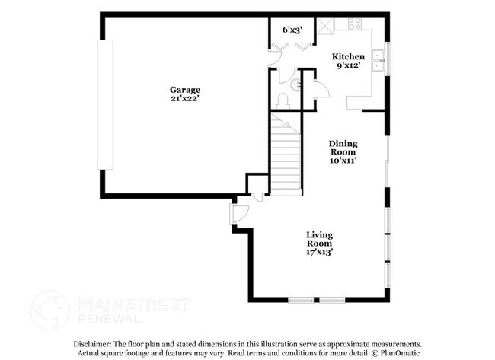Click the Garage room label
pos(185,90)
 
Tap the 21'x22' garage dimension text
pos(185,100)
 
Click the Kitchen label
pos(348,56)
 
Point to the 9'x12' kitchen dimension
pos(348,66)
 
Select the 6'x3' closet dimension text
pos(292,30)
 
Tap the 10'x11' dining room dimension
pos(343,161)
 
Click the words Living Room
pos(319,239)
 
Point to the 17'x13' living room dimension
pos(319,252)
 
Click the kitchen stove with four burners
pos(355,24)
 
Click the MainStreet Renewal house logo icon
pos(49,311)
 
